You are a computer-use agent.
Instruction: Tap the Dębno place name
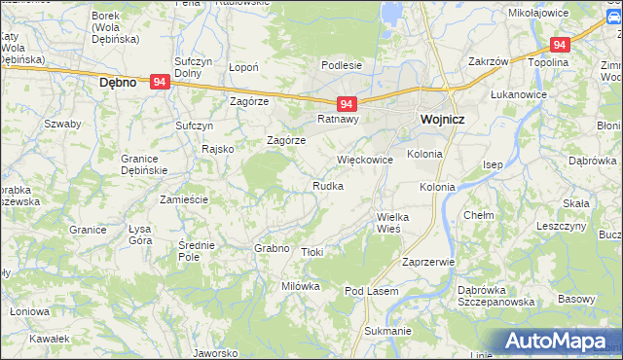(124, 84)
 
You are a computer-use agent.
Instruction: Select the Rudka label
(327, 186)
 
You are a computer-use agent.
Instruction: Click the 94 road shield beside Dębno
(162, 84)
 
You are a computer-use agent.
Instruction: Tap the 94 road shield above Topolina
(559, 45)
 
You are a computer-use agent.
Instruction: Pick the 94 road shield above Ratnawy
(348, 103)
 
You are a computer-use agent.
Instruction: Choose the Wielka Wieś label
(395, 222)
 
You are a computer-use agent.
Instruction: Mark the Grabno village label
(272, 248)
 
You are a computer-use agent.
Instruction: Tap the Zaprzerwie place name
(428, 262)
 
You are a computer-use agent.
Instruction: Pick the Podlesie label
(343, 66)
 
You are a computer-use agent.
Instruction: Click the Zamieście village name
(184, 198)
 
